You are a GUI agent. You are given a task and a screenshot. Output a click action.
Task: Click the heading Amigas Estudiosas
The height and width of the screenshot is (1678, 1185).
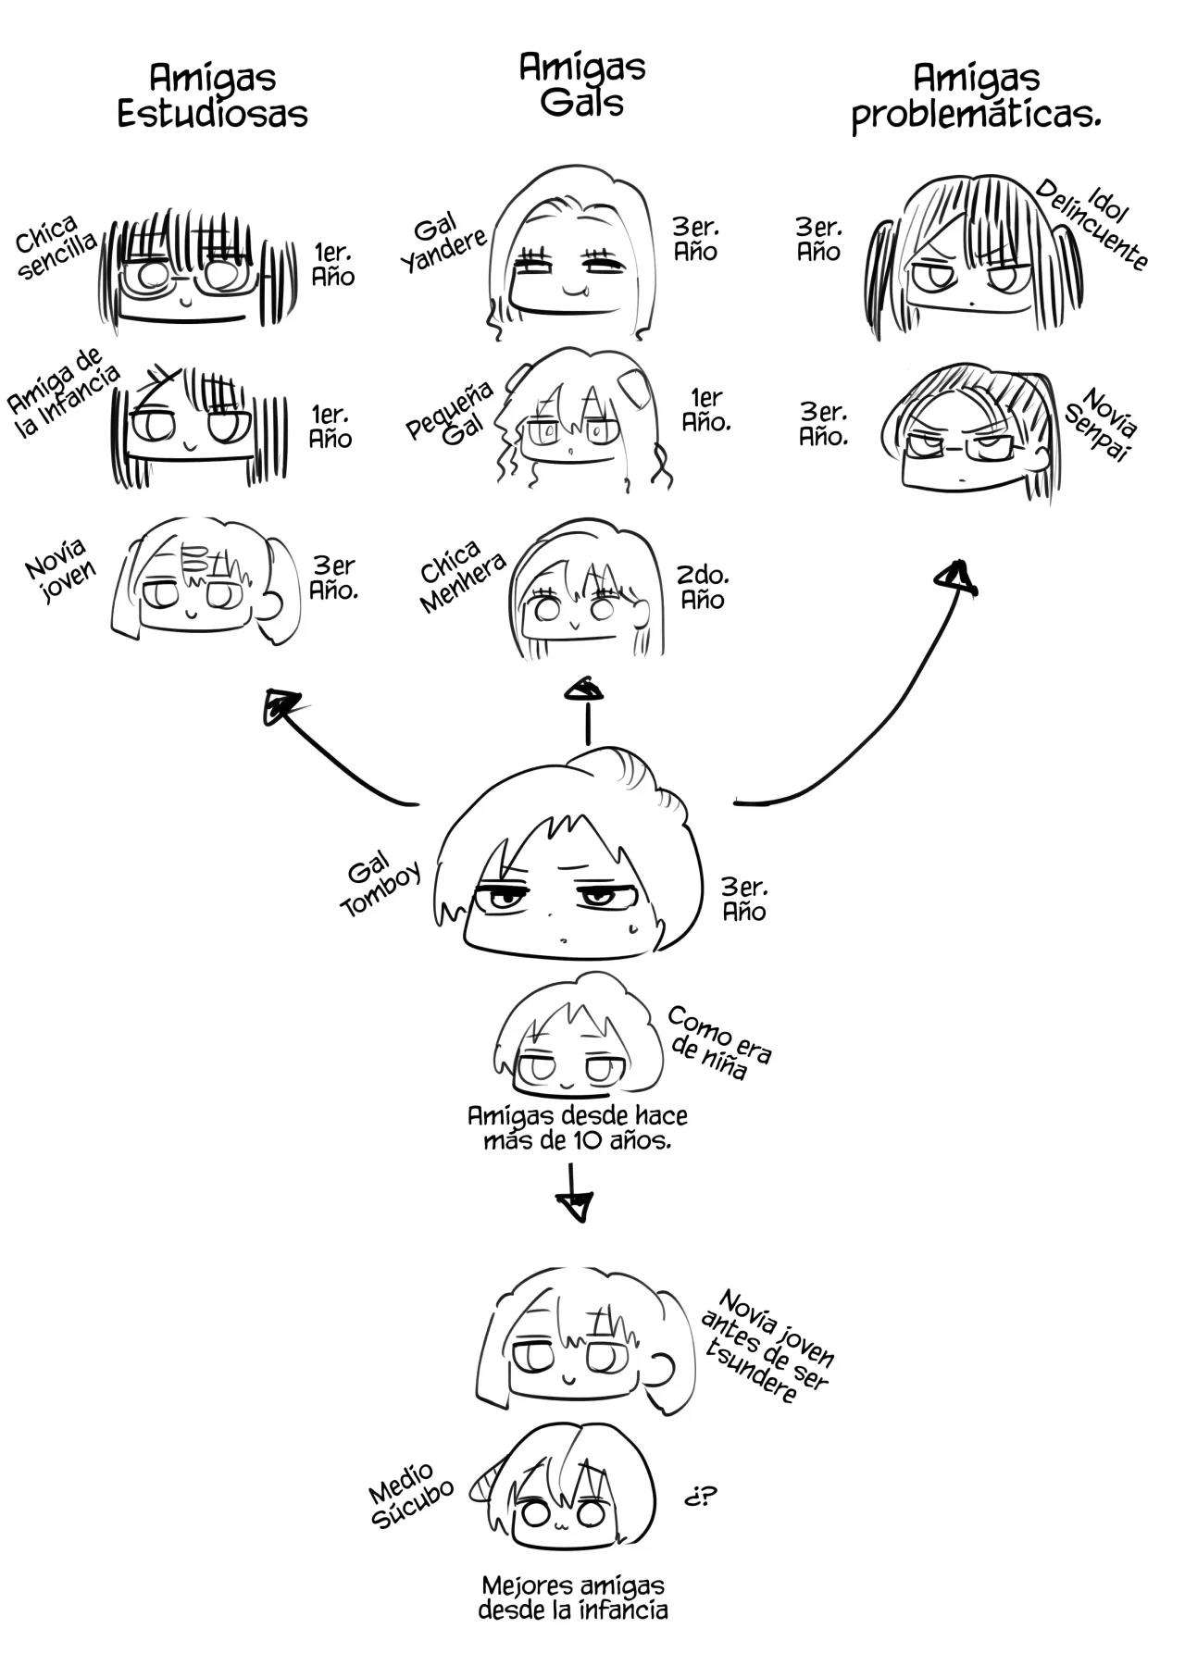[212, 95]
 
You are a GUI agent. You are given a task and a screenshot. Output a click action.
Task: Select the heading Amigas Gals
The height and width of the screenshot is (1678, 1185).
[582, 84]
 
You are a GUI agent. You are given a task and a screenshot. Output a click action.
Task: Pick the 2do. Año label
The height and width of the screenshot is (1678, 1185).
[704, 588]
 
